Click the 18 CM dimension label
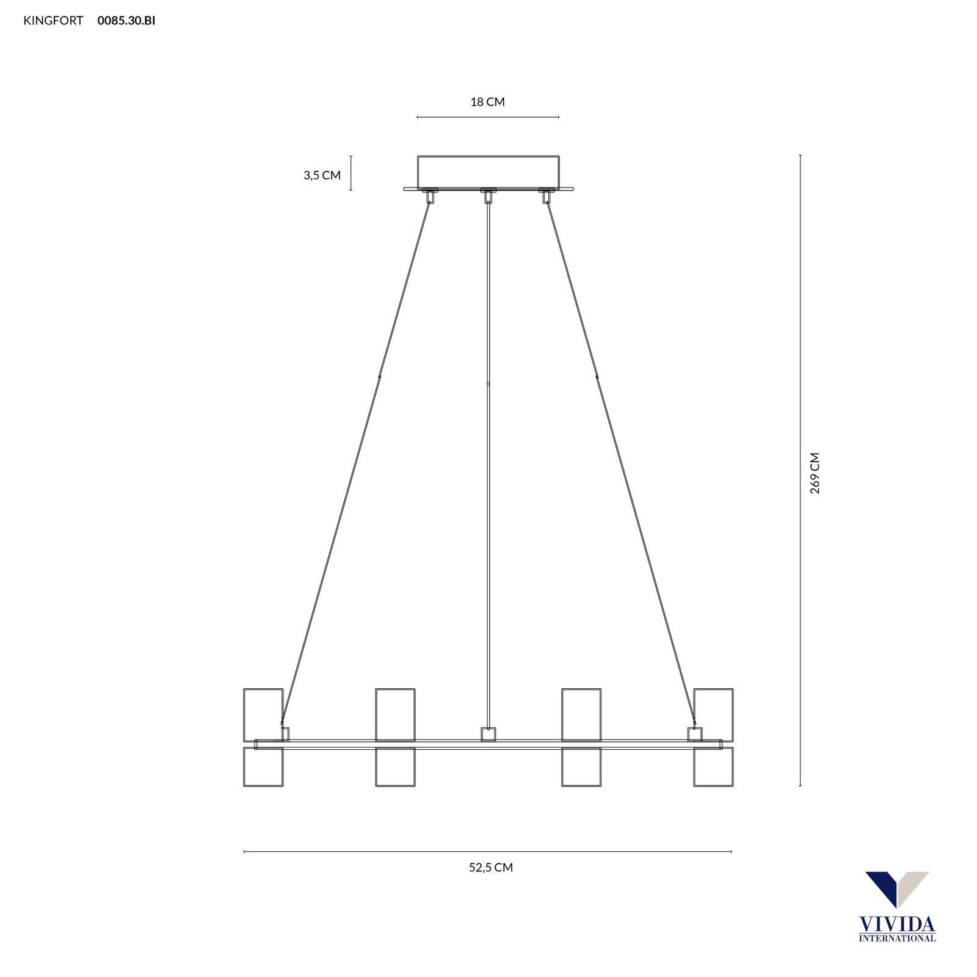[487, 102]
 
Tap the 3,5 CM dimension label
[322, 175]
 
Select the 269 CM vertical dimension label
[815, 473]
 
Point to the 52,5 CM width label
[491, 867]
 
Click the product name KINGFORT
[53, 21]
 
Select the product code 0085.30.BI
[126, 21]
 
